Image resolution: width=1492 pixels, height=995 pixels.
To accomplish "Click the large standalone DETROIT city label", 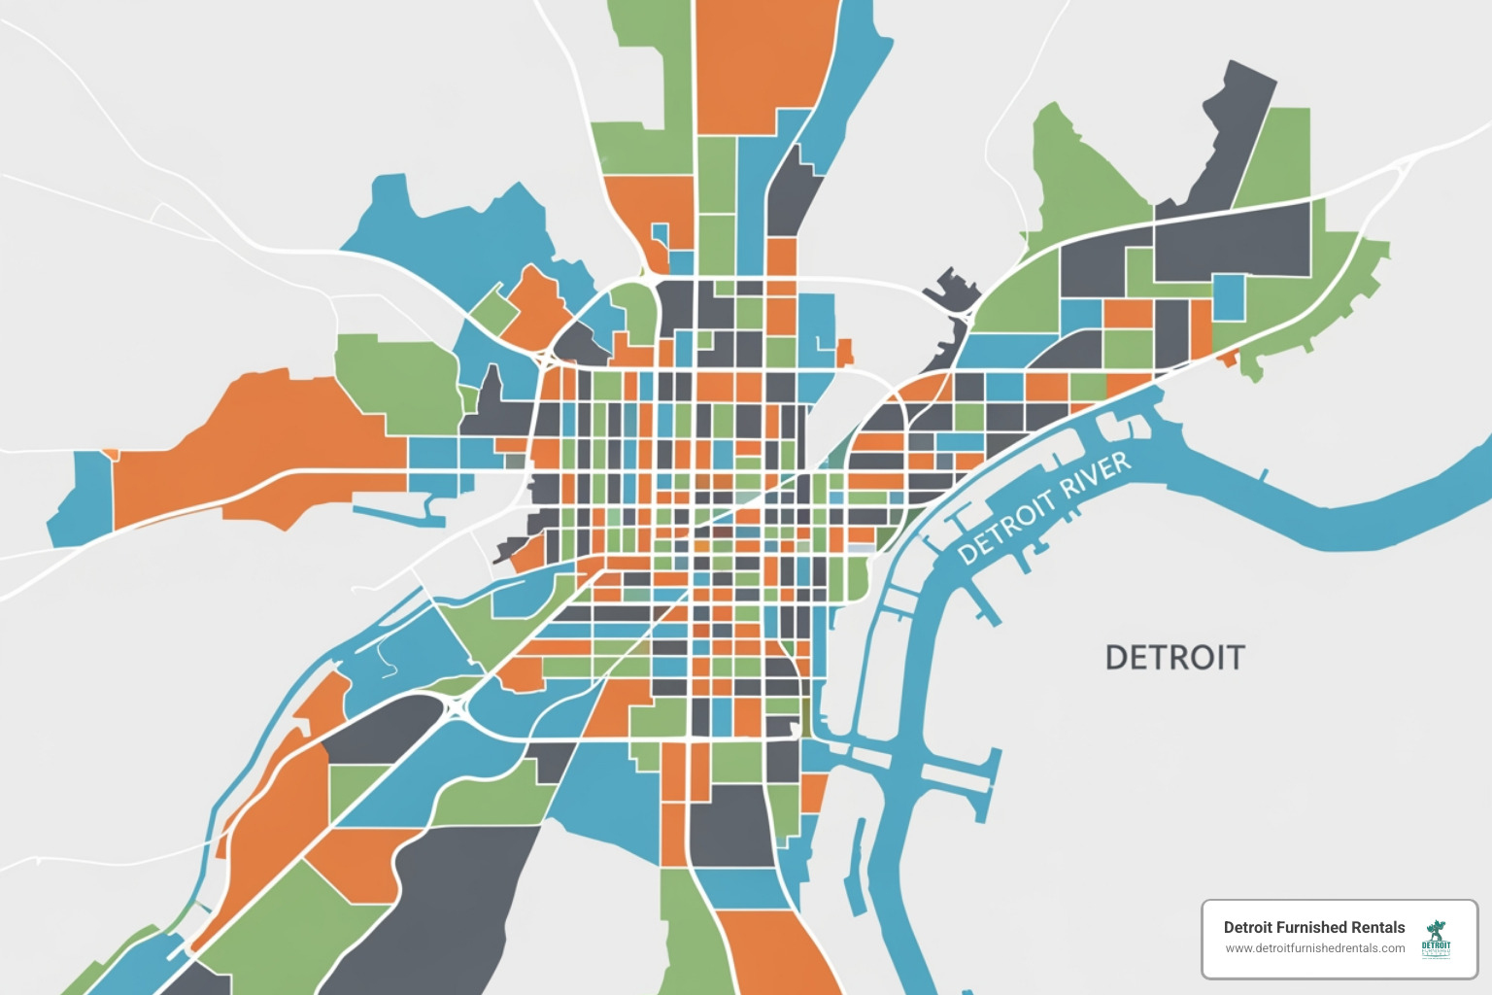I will tap(1174, 658).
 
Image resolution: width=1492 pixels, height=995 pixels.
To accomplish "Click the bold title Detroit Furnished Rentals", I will tap(1313, 927).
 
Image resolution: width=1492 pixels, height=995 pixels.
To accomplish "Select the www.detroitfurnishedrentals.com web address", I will tap(1314, 948).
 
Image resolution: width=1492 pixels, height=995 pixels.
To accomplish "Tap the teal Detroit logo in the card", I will tap(1436, 939).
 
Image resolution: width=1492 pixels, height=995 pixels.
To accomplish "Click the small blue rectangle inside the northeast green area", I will tap(1229, 297).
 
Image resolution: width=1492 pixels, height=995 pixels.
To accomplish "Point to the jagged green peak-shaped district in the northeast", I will tap(1083, 180).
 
